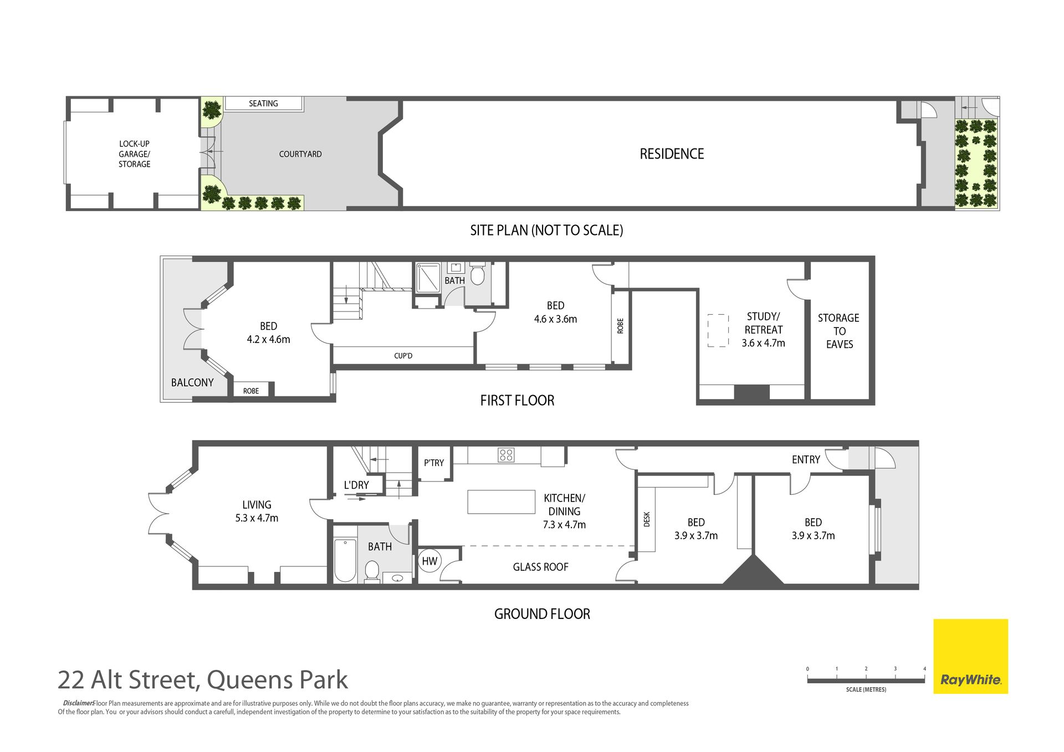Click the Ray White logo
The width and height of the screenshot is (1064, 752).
(970, 656)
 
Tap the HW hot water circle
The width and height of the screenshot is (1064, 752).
(429, 561)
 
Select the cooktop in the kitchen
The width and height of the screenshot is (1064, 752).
(506, 454)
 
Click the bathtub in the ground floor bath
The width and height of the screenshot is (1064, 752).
(345, 560)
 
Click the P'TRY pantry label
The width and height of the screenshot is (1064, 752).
(434, 463)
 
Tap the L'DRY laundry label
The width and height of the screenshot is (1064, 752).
(356, 485)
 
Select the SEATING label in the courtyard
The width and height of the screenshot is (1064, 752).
(263, 104)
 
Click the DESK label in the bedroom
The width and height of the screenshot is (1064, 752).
(647, 519)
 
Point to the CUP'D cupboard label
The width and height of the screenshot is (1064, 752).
(403, 356)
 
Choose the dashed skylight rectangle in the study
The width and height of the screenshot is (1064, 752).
(718, 331)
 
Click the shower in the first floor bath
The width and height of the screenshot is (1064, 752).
(428, 278)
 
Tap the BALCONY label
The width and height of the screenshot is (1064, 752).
(192, 382)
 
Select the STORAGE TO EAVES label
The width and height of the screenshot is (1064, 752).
(839, 331)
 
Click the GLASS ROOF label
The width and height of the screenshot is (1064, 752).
(540, 567)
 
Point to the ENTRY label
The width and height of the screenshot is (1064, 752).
(806, 459)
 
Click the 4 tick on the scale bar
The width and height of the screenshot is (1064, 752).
(924, 669)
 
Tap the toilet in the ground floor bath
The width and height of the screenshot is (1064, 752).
(372, 571)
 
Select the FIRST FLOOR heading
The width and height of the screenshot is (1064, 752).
(517, 400)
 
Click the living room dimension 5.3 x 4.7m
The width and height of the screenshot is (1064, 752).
(257, 518)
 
